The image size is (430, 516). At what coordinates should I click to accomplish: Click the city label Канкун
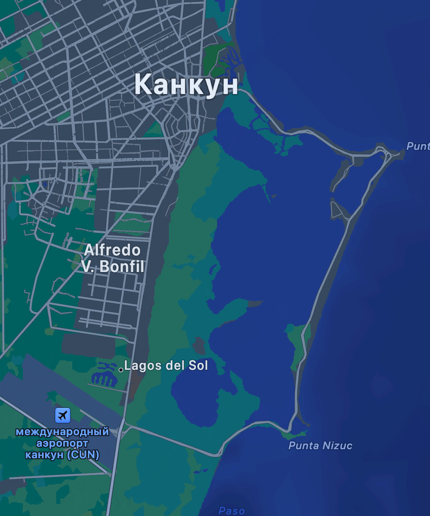(186, 85)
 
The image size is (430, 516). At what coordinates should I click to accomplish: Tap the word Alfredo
(112, 250)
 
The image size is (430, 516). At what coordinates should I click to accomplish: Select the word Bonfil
(122, 267)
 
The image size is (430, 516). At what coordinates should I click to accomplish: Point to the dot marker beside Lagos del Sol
(121, 369)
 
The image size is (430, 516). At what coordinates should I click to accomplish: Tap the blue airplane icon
(63, 415)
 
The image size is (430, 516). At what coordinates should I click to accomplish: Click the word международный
(62, 432)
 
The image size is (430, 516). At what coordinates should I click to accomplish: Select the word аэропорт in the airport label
(62, 443)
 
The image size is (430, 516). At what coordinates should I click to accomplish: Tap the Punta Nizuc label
(320, 446)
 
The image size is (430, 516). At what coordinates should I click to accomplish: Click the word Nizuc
(338, 446)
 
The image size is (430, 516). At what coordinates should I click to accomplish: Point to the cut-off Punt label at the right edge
(418, 147)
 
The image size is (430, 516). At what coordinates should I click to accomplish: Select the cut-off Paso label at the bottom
(231, 511)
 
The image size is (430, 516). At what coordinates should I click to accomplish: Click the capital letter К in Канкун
(144, 85)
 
